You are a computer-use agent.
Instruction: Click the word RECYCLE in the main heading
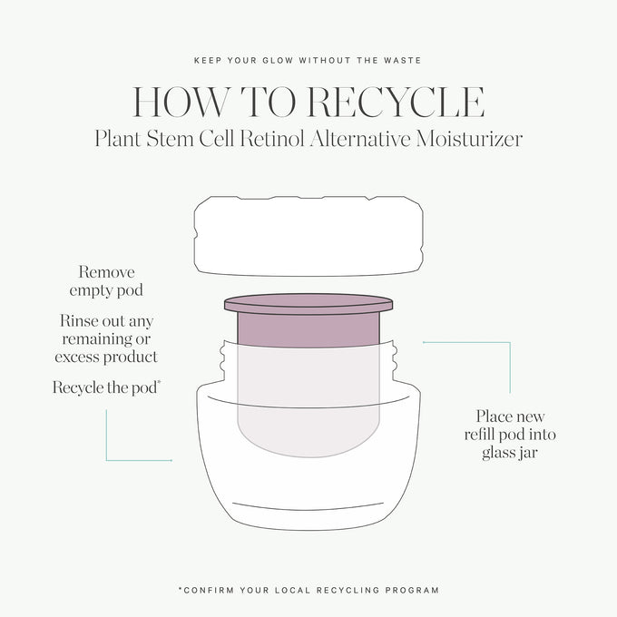point(396,102)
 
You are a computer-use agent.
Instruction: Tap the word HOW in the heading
point(180,102)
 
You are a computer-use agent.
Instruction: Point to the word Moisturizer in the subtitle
point(469,139)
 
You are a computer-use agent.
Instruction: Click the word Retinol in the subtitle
point(272,139)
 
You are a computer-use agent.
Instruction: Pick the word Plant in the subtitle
point(118,139)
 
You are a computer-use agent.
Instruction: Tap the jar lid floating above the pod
point(308,236)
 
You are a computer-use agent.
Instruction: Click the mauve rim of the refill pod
point(308,304)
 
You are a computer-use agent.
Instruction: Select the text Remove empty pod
point(106,281)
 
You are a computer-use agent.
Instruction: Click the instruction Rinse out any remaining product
point(106,338)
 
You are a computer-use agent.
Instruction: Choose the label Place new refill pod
point(510,435)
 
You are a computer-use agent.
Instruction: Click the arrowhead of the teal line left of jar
point(171,460)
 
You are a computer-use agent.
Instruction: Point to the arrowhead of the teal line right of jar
point(425,342)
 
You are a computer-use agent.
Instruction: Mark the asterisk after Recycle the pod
point(159,382)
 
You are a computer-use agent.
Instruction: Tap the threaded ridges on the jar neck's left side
point(224,359)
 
